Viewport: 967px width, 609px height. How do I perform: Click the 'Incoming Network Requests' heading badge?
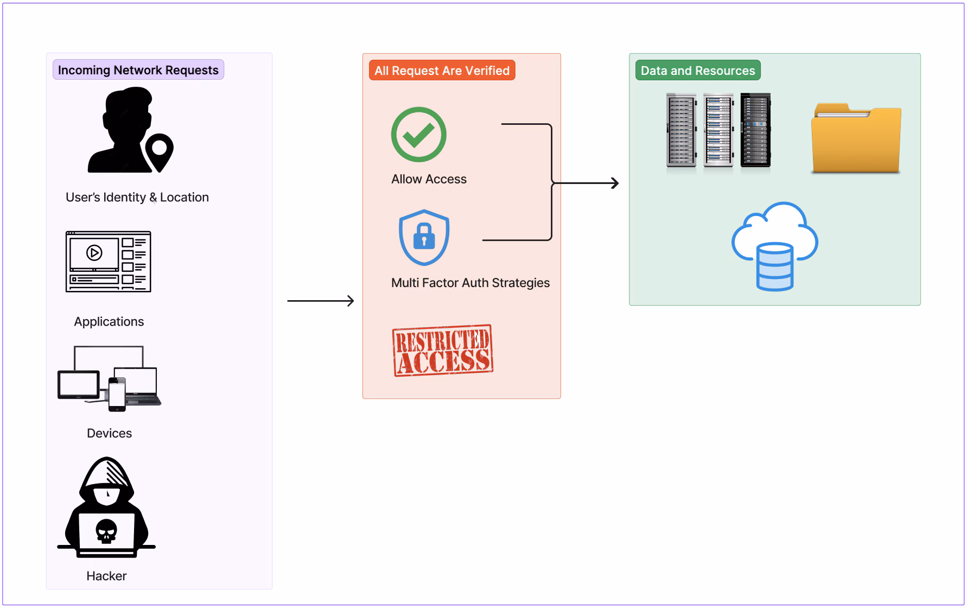(138, 70)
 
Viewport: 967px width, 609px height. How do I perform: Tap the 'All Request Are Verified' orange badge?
(442, 71)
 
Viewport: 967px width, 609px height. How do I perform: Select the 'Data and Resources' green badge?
(698, 71)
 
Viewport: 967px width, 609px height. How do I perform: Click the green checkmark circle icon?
(418, 135)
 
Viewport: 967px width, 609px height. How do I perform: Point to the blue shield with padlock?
(424, 237)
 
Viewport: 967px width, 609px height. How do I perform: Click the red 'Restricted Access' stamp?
(443, 351)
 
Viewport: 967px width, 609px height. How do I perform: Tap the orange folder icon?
(856, 139)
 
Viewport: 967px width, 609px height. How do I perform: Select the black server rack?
(755, 130)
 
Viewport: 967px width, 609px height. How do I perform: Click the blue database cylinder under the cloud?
(775, 267)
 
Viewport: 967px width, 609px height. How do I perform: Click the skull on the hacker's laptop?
(106, 531)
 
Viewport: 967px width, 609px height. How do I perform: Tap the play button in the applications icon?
(94, 253)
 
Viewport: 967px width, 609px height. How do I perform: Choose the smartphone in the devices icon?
(117, 394)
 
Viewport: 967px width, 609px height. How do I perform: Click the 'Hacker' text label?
(106, 576)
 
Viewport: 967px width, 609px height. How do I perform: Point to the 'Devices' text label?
(109, 433)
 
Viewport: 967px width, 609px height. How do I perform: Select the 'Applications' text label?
(109, 321)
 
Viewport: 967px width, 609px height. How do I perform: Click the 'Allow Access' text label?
(429, 179)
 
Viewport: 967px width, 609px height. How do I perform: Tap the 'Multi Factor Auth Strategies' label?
(470, 283)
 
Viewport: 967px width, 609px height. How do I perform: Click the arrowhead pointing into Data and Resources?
(615, 183)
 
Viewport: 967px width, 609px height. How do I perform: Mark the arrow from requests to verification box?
(320, 301)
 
